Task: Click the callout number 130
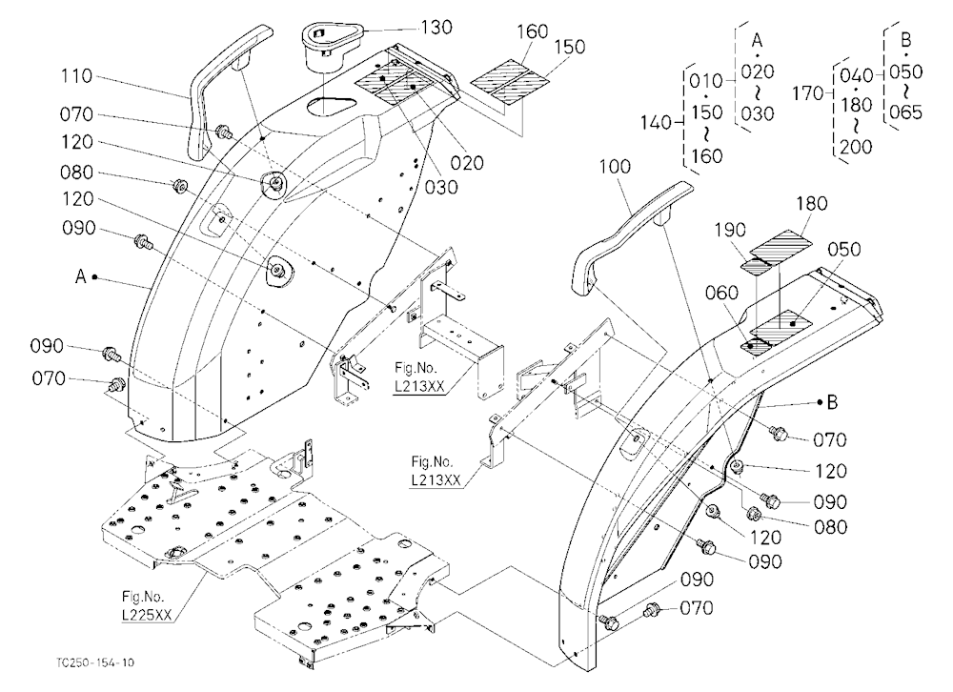(436, 28)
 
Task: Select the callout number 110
(76, 76)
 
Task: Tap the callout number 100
(615, 167)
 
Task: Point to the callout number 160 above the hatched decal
(533, 31)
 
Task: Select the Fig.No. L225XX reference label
(147, 605)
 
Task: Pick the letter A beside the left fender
(80, 276)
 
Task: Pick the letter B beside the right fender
(832, 402)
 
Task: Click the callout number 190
(730, 230)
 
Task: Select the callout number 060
(721, 293)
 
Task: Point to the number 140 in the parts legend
(656, 123)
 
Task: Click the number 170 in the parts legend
(808, 93)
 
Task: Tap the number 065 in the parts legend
(906, 112)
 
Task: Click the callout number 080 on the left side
(76, 173)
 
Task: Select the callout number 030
(440, 187)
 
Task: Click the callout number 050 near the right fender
(844, 250)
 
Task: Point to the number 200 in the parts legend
(856, 147)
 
